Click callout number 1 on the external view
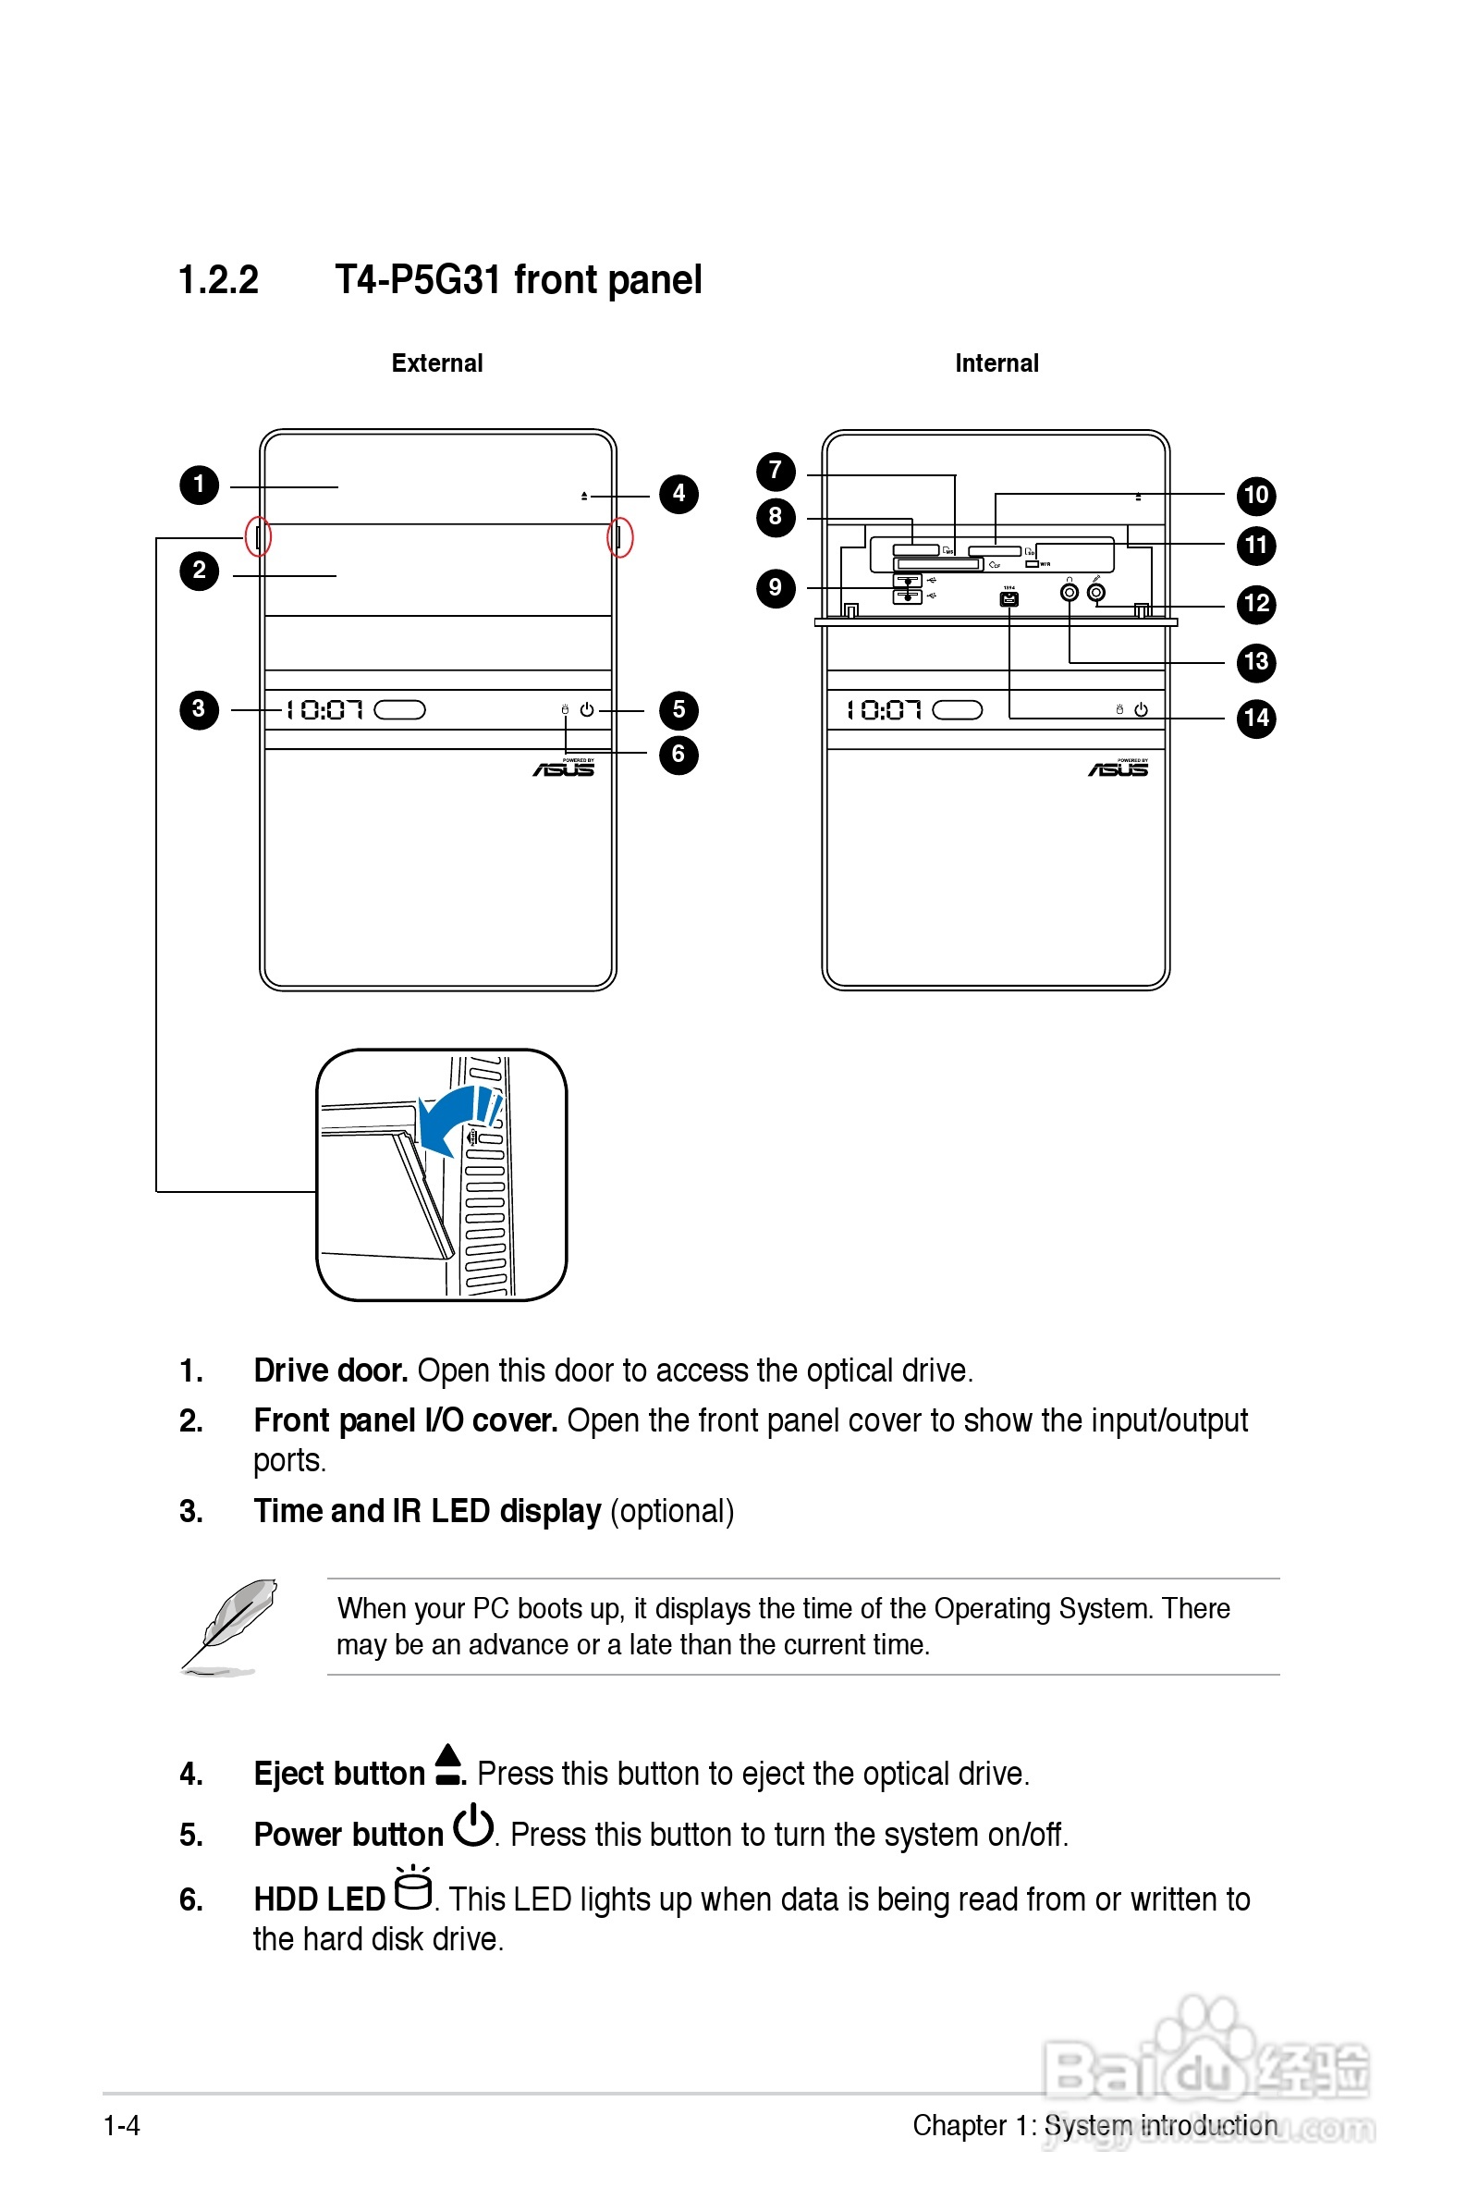200,485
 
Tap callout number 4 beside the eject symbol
678,494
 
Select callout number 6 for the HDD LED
678,756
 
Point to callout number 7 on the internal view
776,472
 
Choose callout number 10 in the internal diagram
1255,496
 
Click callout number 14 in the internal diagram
1255,719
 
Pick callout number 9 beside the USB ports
776,588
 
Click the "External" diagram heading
437,363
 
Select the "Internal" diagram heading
996,363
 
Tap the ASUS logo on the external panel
564,769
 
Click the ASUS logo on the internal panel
1119,769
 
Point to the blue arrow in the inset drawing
454,1118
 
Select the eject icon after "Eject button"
449,1764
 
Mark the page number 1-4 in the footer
122,2126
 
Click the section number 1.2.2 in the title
218,280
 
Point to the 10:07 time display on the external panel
324,710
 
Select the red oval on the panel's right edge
619,537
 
